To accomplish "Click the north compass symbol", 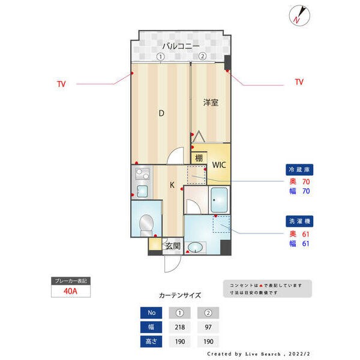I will pos(299,14).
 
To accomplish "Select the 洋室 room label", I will pos(210,103).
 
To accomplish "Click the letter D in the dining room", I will pos(161,113).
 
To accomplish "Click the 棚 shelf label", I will pos(198,158).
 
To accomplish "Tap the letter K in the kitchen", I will pos(172,185).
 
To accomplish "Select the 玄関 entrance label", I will pos(173,245).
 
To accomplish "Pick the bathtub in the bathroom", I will pos(219,197).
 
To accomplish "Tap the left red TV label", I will pos(61,84).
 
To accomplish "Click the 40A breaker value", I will pos(70,292).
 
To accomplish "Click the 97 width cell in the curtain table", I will pos(208,327).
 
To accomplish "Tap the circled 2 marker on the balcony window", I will pos(203,56).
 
